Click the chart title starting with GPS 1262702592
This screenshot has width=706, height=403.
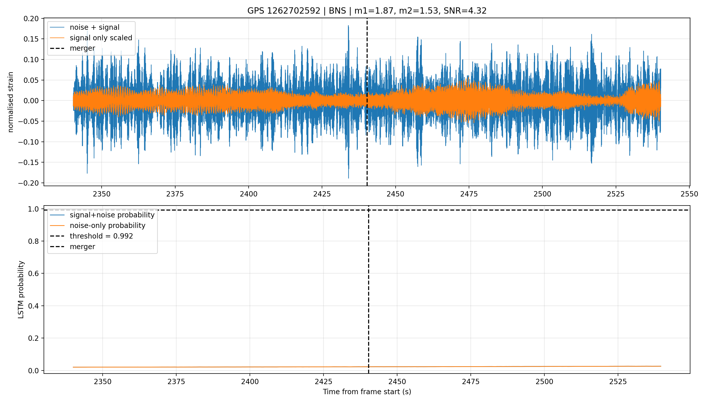(367, 11)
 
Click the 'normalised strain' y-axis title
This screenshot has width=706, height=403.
(11, 102)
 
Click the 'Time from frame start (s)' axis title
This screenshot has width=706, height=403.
(367, 392)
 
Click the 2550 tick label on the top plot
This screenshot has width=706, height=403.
(689, 194)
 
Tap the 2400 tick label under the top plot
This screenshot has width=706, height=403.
(249, 194)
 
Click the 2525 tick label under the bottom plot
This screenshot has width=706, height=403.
(618, 382)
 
